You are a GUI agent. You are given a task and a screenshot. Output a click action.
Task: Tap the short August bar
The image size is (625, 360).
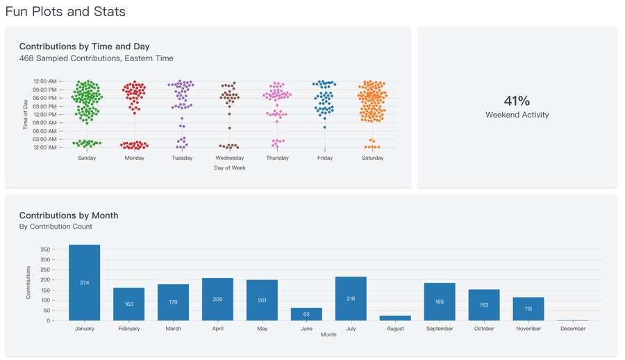pyautogui.click(x=395, y=318)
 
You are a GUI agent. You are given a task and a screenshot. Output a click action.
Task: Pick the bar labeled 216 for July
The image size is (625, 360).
pyautogui.click(x=351, y=298)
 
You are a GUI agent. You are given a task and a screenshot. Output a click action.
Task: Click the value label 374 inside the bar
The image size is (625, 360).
pyautogui.click(x=84, y=283)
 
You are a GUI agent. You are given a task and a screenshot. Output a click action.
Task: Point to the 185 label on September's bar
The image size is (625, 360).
pyautogui.click(x=440, y=302)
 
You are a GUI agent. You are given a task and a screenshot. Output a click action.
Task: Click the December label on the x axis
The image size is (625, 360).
pyautogui.click(x=573, y=329)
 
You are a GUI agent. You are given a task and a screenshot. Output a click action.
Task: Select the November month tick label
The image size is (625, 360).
pyautogui.click(x=528, y=329)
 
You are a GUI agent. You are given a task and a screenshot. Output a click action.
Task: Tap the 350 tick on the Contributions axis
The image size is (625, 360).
pyautogui.click(x=46, y=249)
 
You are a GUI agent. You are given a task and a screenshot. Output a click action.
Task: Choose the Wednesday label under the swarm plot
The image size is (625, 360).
pyautogui.click(x=229, y=158)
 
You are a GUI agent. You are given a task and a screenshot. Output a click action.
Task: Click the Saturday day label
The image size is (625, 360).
pyautogui.click(x=372, y=158)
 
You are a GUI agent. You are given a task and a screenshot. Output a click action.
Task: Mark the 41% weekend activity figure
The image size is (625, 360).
pyautogui.click(x=517, y=101)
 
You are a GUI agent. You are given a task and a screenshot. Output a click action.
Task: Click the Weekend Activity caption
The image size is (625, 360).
pyautogui.click(x=517, y=115)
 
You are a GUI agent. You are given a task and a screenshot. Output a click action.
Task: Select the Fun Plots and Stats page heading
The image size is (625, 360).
pyautogui.click(x=65, y=12)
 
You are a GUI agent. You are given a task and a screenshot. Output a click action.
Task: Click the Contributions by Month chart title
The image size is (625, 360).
pyautogui.click(x=69, y=215)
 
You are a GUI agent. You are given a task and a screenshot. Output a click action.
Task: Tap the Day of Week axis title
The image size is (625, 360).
pyautogui.click(x=229, y=167)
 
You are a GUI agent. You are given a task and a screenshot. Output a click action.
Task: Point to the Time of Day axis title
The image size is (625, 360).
pyautogui.click(x=26, y=115)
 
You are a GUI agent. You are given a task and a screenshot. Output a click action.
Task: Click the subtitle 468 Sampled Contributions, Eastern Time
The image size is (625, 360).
pyautogui.click(x=97, y=58)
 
